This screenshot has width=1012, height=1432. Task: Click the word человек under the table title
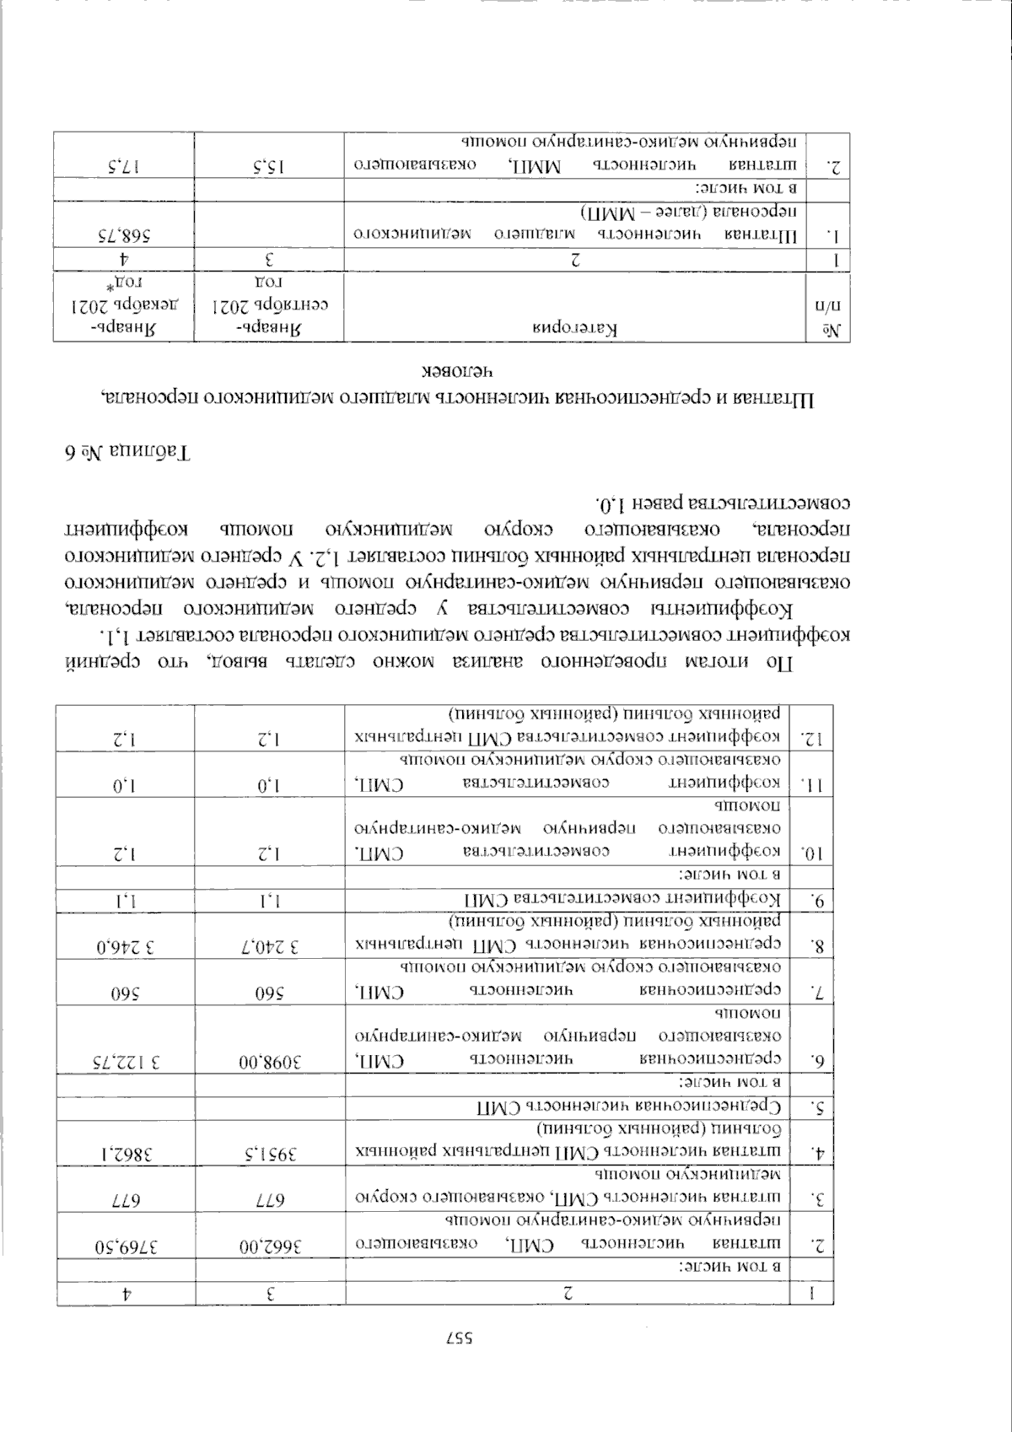tap(455, 371)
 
